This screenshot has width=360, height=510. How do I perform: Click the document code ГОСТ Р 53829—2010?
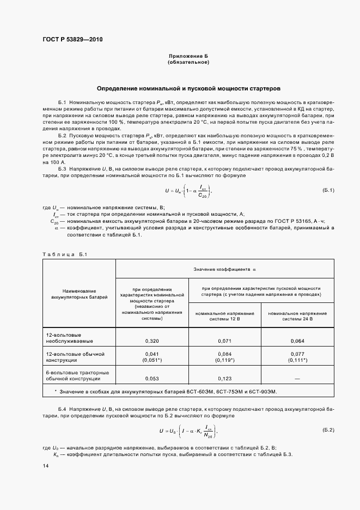72,40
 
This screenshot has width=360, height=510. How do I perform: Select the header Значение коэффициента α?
224,269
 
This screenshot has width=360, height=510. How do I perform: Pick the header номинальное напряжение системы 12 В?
225,317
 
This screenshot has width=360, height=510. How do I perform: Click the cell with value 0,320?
152,341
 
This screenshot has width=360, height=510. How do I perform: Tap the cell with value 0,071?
225,341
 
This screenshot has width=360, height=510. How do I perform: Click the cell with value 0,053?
152,378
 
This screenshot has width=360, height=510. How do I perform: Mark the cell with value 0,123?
225,378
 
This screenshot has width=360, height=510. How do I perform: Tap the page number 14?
45,465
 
